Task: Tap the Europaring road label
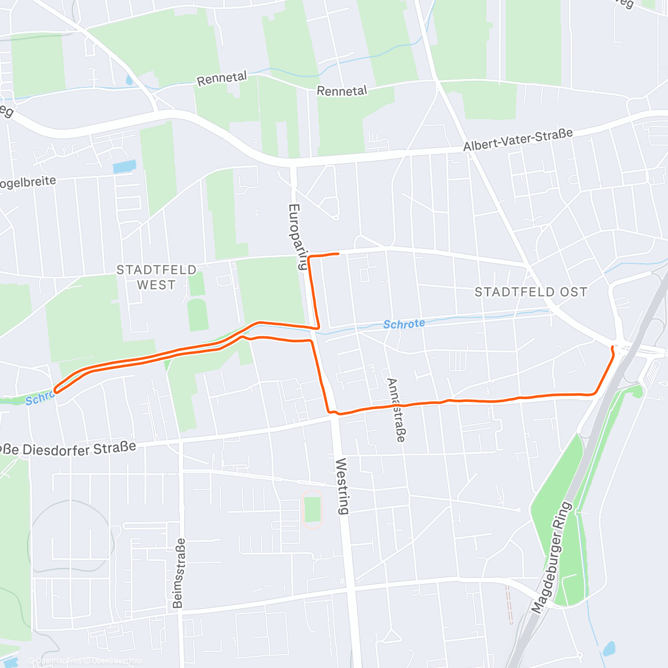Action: tap(298, 237)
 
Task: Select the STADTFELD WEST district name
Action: tap(156, 277)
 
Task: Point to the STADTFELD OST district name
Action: tap(531, 292)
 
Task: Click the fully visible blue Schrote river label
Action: tap(404, 324)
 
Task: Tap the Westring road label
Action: tap(342, 485)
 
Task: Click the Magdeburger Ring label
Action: tap(552, 557)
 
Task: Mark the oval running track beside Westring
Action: tap(313, 509)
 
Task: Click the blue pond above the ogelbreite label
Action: tap(124, 166)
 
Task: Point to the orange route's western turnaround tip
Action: tap(55, 390)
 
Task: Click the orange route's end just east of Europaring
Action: tap(338, 254)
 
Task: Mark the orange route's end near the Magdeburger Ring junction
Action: tap(613, 347)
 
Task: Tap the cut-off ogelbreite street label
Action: tap(28, 182)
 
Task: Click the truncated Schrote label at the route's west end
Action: tap(38, 399)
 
